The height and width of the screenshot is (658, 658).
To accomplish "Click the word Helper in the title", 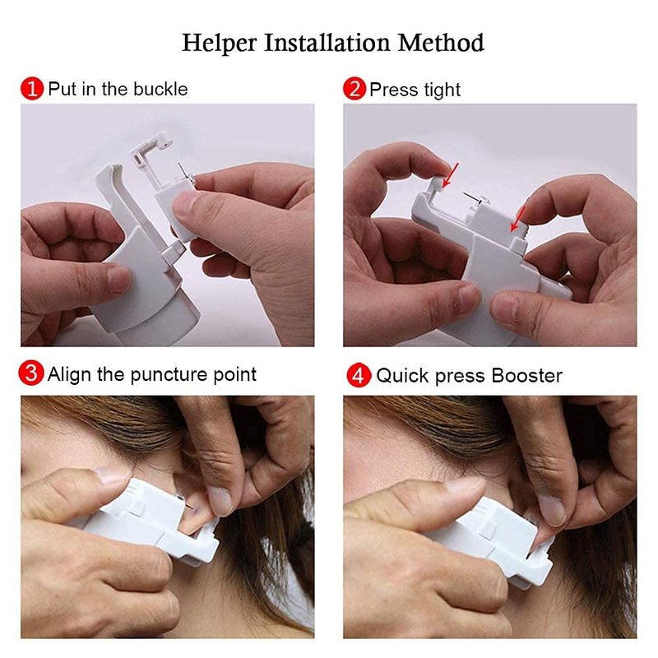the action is (219, 44).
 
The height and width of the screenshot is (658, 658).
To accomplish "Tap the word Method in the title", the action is (441, 43).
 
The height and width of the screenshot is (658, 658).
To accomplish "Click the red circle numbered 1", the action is (32, 89).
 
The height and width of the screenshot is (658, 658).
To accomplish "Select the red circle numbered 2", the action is (354, 89).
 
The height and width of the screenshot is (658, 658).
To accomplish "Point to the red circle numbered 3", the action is (31, 373).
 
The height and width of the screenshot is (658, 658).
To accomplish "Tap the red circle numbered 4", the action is (359, 375).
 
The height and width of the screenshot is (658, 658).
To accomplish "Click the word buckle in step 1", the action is (160, 89).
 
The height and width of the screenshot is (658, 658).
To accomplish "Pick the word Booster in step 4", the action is (526, 376).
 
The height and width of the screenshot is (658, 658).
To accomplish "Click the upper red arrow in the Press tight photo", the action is (451, 174).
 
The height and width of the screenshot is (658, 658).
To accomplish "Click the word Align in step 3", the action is (69, 375).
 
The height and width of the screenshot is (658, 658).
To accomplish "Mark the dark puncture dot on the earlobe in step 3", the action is (193, 508).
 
